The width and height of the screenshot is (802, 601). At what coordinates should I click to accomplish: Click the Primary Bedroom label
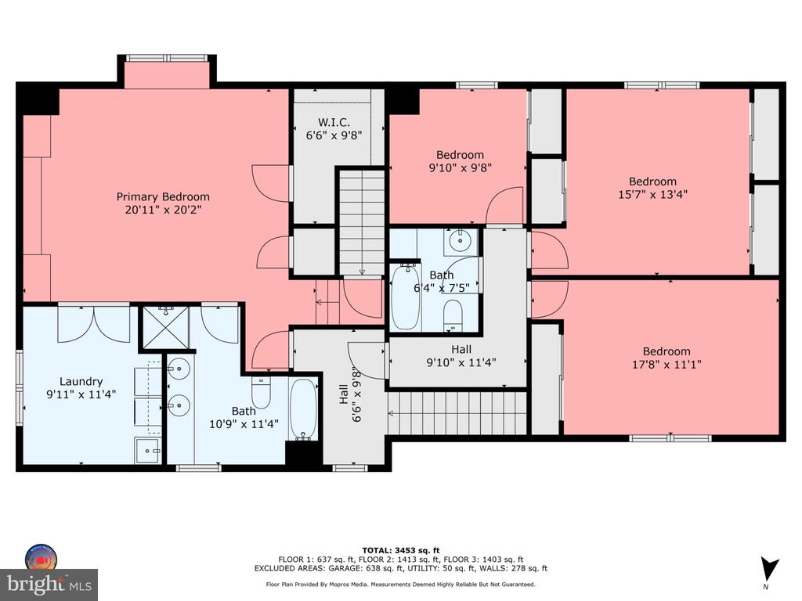(163, 196)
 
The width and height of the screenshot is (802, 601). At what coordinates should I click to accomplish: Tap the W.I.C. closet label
(334, 122)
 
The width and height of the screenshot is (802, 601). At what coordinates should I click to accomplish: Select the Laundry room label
(81, 381)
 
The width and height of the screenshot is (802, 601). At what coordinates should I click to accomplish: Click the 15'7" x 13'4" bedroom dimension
(652, 194)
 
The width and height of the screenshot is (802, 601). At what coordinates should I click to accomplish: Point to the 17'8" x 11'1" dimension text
(666, 365)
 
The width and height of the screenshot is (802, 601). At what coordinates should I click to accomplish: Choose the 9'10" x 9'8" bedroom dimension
(460, 167)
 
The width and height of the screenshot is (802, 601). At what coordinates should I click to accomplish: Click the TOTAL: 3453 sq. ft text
(401, 550)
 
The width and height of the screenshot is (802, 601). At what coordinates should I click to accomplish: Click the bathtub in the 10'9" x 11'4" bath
(303, 408)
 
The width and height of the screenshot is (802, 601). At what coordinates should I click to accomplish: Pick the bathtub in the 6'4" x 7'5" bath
(406, 297)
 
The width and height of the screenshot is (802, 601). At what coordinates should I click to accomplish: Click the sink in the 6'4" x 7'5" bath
(461, 241)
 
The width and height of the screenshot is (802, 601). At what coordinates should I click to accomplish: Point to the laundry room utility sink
(148, 450)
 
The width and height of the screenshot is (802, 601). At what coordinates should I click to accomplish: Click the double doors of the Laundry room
(95, 323)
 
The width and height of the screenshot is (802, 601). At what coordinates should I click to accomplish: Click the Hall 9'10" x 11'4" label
(461, 356)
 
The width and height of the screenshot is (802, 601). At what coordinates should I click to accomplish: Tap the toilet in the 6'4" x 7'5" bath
(453, 315)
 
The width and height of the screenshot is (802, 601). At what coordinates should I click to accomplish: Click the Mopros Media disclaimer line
(400, 584)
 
